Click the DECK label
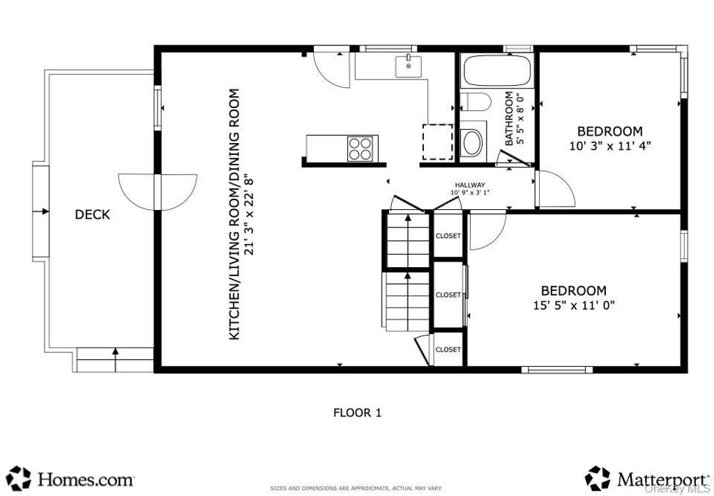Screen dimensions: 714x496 pos(93,215)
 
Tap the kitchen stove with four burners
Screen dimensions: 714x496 pos(360,149)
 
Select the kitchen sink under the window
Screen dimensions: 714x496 pos(409,66)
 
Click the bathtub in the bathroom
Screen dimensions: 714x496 pos(497,70)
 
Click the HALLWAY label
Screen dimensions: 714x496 pos(470,185)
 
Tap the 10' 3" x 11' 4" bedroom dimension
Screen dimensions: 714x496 pos(609,146)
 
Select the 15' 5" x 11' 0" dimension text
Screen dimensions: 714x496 pos(574,305)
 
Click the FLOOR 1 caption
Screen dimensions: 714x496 pos(358,413)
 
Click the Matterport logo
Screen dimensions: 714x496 pos(647,479)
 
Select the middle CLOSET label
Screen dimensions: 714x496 pos(448,295)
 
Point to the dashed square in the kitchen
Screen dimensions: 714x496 pos(437,142)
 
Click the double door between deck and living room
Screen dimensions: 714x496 pos(158,192)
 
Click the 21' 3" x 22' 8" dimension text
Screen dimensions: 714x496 pos(248,214)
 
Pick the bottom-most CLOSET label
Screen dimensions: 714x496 pos(448,350)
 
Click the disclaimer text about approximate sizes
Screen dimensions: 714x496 pos(356,488)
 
